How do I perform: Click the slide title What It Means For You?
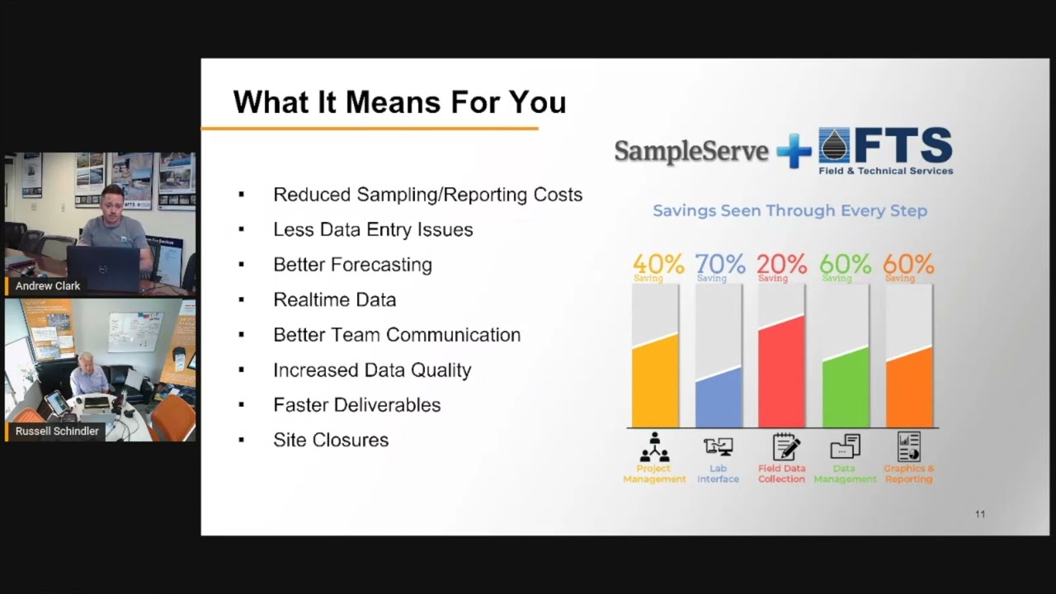click(399, 102)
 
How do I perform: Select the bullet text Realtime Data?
click(334, 300)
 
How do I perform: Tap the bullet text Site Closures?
click(330, 441)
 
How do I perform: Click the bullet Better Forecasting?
click(352, 265)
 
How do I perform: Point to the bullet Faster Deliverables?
click(356, 405)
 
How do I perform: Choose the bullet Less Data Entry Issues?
click(373, 230)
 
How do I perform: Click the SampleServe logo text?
click(691, 151)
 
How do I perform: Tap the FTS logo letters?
click(903, 147)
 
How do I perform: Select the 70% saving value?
click(719, 264)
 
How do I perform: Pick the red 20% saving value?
click(781, 264)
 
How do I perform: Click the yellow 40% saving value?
click(658, 264)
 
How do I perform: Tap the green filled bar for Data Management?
click(845, 389)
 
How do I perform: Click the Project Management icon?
click(654, 447)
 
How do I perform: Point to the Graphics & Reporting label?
click(908, 474)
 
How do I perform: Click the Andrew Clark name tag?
click(48, 286)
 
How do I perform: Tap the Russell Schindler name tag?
click(57, 431)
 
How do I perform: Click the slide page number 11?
click(979, 514)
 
